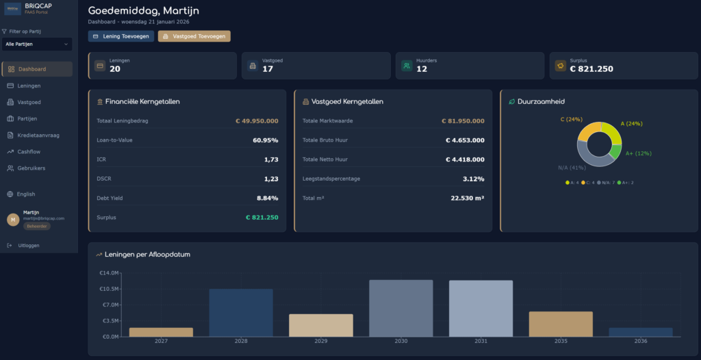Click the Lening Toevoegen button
coord(121,36)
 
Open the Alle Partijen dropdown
coord(37,44)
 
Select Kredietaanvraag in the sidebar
coord(38,135)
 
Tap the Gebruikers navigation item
coord(31,168)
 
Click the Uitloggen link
coord(28,245)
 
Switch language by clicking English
coord(26,194)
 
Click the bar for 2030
coord(400,308)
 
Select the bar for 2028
coord(241,312)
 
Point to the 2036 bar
coord(641,332)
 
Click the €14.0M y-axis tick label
coord(110,272)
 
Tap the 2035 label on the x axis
coord(561,341)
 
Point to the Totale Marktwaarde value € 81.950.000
coord(462,121)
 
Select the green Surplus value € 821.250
coord(262,217)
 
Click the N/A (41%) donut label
coord(572,167)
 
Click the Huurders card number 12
coord(422,68)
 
